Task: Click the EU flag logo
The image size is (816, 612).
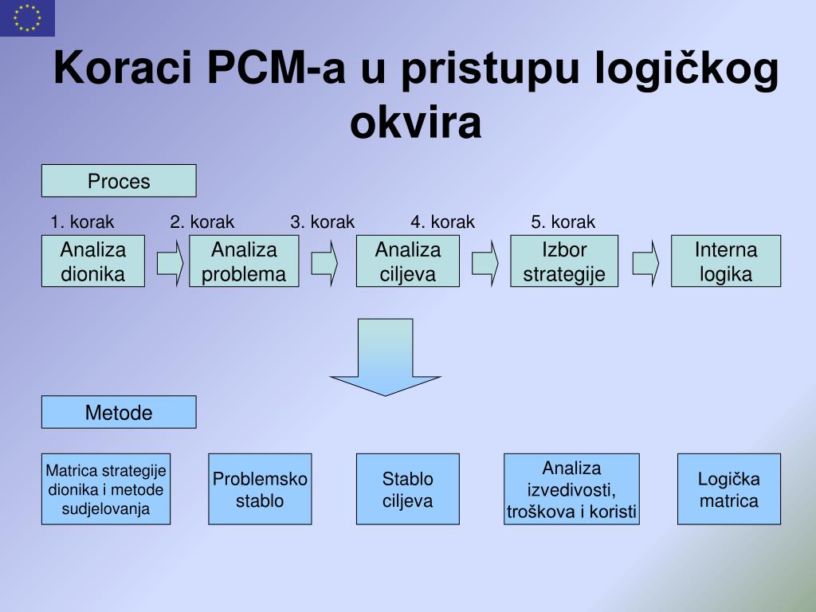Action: [x=27, y=18]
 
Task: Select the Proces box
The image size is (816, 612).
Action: [x=119, y=181]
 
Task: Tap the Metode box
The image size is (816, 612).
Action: [x=119, y=412]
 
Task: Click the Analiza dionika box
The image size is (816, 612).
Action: [x=93, y=261]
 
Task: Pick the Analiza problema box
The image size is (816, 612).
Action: [x=244, y=261]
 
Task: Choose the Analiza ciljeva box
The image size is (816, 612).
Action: [x=408, y=261]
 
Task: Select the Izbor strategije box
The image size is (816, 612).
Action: [x=564, y=261]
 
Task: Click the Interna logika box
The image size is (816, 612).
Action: [x=726, y=261]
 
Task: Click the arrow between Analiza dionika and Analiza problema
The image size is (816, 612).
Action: [x=170, y=262]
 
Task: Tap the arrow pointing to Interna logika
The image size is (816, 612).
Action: [x=646, y=262]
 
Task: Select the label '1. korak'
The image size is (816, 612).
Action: [x=82, y=222]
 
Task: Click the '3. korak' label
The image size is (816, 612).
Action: [x=322, y=222]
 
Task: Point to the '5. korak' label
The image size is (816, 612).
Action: [x=563, y=222]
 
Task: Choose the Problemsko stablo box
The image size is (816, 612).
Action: [x=260, y=489]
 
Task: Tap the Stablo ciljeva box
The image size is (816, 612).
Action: [x=408, y=489]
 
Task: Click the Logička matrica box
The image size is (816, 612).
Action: [x=729, y=489]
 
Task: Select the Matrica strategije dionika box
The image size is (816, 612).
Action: [x=106, y=489]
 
